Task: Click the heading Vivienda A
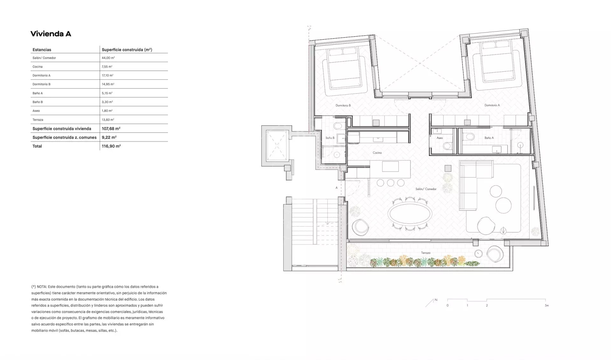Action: tap(51, 34)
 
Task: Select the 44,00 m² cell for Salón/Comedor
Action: tap(108, 58)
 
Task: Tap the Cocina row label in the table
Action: tap(38, 67)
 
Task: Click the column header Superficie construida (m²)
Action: tap(127, 50)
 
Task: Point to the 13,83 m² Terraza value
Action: tap(108, 120)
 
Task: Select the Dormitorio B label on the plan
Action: tap(343, 105)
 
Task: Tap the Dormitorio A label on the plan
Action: tap(492, 105)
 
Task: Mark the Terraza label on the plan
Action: tap(425, 253)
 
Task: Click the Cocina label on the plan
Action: tap(377, 153)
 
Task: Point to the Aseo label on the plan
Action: tap(439, 138)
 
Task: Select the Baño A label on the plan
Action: tap(489, 138)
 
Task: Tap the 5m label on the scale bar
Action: tap(547, 306)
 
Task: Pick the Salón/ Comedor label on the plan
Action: tap(426, 189)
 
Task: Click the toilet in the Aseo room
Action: tap(447, 146)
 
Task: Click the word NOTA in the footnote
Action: tap(42, 287)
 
